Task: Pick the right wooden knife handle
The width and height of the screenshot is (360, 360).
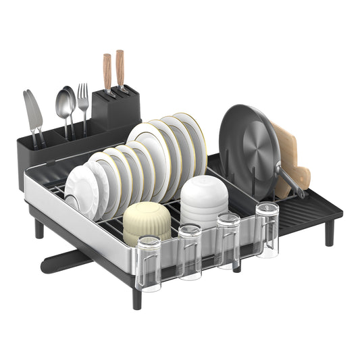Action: click(x=120, y=68)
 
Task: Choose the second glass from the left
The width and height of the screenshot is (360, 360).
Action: click(x=189, y=251)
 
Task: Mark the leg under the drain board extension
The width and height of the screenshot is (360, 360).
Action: click(x=329, y=233)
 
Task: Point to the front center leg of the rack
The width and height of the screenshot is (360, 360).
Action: click(x=137, y=298)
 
